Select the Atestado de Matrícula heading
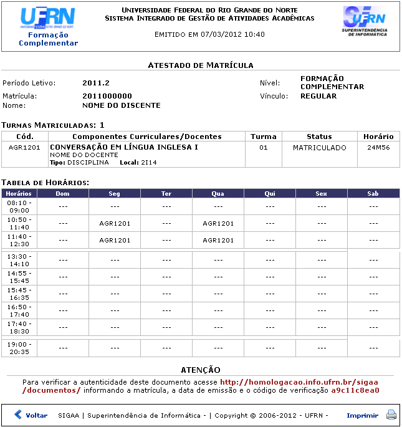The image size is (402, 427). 200,65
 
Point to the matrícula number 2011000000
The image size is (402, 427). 107,96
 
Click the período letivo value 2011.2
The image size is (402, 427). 96,83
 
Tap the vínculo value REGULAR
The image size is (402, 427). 318,96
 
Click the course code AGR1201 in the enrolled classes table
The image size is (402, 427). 24,148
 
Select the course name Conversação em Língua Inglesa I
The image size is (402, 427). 123,147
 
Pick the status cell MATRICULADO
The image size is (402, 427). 319,148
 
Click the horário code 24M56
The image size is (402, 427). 378,148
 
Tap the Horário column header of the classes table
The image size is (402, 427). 378,137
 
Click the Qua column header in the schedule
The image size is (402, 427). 218,194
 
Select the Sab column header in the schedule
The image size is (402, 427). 373,194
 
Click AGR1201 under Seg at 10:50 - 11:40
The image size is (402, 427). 115,223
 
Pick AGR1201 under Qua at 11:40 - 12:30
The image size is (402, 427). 218,240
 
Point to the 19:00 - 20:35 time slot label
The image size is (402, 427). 19,348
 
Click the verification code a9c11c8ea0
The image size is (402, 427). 355,390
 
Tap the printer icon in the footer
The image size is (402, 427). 391,415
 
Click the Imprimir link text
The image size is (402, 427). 362,415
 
